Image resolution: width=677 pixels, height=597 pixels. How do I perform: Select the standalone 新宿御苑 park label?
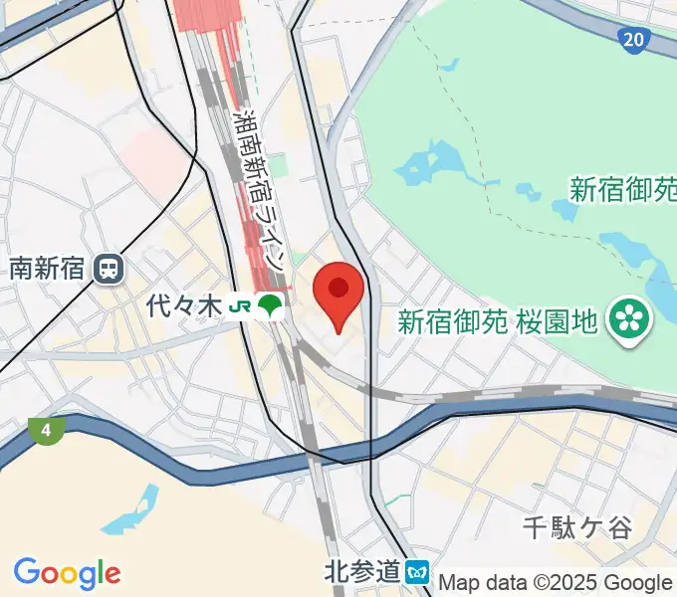click(622, 187)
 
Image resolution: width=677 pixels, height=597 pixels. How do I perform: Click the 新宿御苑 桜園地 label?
click(497, 320)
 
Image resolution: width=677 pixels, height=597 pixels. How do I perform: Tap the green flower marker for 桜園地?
click(630, 319)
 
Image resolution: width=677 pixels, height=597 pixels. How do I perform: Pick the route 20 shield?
click(632, 40)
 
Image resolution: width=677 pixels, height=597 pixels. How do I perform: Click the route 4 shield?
click(46, 431)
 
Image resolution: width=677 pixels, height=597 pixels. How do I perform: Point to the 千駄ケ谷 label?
click(577, 527)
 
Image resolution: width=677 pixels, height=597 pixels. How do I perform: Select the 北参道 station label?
click(362, 571)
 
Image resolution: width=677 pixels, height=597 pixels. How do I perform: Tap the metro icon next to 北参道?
click(417, 571)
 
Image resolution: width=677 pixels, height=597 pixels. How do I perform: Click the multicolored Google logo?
click(68, 574)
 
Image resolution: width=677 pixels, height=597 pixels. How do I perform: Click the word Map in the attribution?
click(461, 582)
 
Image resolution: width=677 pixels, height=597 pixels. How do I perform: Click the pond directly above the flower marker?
click(637, 259)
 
